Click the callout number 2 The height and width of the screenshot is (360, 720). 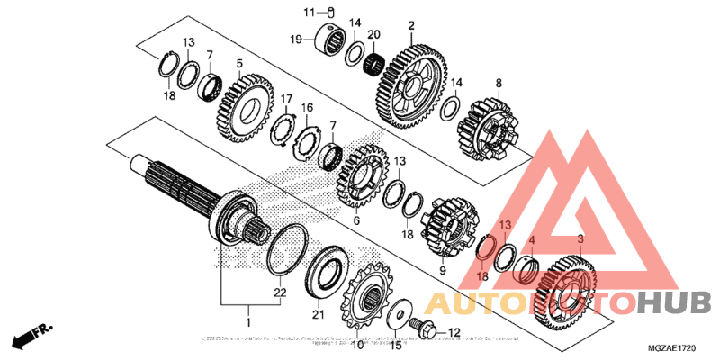coord(411,25)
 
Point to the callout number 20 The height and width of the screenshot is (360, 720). coord(373,35)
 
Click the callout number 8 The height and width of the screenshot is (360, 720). coord(498,83)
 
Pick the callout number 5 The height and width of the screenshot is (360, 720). coord(239,63)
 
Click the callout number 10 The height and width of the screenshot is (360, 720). coord(356,344)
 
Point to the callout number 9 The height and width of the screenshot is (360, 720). coord(443,268)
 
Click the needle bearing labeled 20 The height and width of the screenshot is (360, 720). coord(373,64)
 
